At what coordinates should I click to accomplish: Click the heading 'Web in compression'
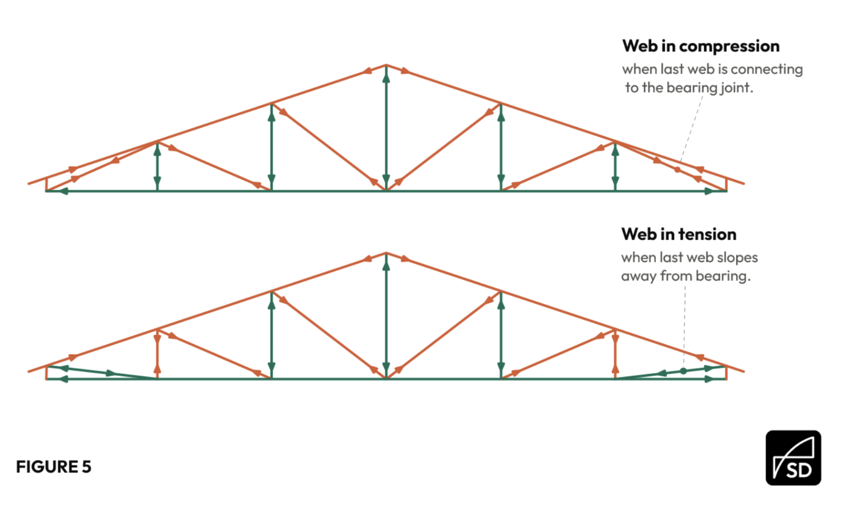pyautogui.click(x=701, y=46)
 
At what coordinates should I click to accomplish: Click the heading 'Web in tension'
pyautogui.click(x=679, y=235)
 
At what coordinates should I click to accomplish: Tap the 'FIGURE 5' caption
pyautogui.click(x=54, y=467)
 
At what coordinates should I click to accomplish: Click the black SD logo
pyautogui.click(x=793, y=457)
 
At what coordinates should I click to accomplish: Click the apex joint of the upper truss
pyautogui.click(x=386, y=65)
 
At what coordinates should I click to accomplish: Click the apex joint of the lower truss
pyautogui.click(x=386, y=253)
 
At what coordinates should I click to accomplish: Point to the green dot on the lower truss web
pyautogui.click(x=683, y=371)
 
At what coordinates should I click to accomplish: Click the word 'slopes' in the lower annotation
pyautogui.click(x=737, y=258)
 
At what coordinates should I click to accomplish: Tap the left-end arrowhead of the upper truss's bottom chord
pyautogui.click(x=64, y=191)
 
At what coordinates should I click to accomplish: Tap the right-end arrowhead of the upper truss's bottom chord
pyautogui.click(x=709, y=191)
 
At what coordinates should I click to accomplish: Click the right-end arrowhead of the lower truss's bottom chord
pyautogui.click(x=709, y=379)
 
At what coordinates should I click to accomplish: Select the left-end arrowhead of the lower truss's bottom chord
pyautogui.click(x=64, y=379)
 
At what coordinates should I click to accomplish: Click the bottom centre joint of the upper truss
pyautogui.click(x=386, y=191)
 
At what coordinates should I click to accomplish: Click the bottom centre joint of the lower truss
pyautogui.click(x=386, y=378)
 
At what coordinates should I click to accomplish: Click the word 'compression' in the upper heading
pyautogui.click(x=729, y=47)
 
